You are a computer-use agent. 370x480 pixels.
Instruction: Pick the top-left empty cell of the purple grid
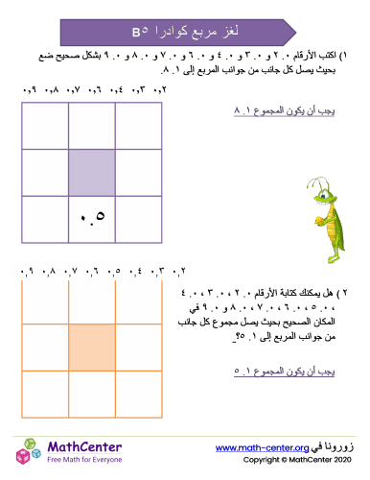tap(45, 126)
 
